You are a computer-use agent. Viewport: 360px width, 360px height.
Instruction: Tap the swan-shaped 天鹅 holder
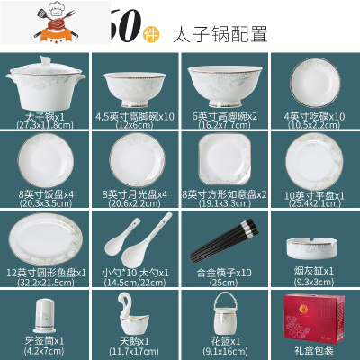134,314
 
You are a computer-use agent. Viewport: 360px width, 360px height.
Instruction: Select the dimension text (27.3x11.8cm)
45,125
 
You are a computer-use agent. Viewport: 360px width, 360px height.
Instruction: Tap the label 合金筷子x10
224,272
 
